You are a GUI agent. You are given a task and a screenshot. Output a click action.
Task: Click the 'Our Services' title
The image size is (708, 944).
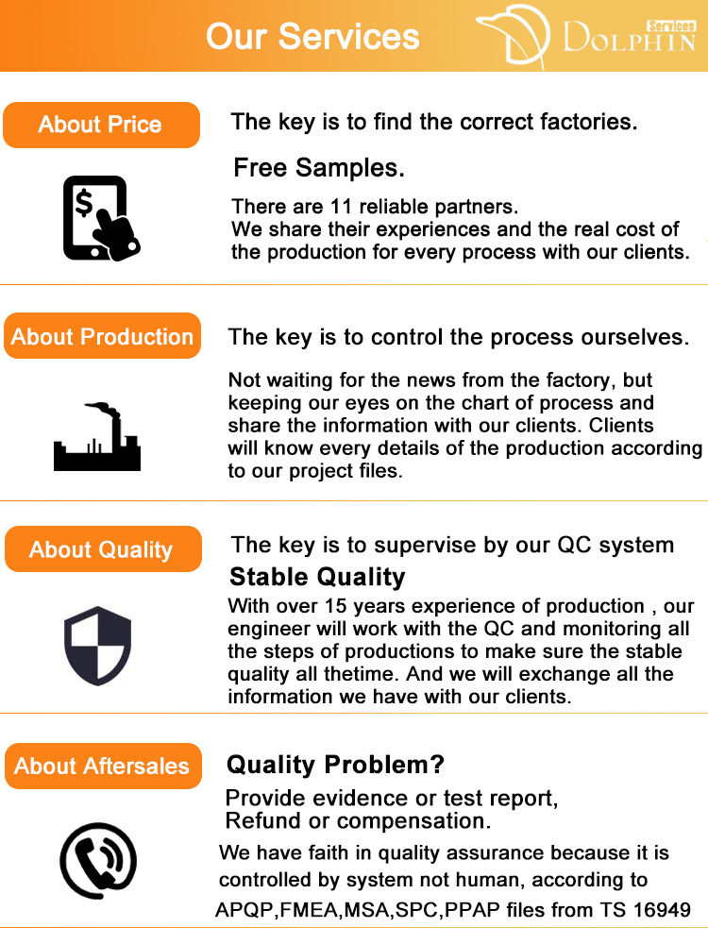click(312, 36)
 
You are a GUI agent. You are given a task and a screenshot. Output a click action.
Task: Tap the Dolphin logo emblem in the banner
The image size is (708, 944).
click(514, 34)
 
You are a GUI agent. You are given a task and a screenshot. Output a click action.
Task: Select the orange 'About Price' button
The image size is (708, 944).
click(101, 125)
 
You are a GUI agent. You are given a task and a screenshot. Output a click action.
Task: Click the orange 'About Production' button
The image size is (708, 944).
click(102, 336)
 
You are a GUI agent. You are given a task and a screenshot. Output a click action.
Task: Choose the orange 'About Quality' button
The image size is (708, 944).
click(103, 549)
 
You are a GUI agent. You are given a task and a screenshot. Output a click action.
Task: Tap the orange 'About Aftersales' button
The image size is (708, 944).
click(103, 766)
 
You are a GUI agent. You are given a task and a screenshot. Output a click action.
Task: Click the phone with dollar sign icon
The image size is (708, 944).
click(101, 218)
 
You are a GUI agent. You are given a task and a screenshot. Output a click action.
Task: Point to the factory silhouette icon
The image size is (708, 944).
click(97, 436)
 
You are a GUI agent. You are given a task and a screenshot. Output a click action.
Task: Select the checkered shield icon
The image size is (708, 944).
click(97, 646)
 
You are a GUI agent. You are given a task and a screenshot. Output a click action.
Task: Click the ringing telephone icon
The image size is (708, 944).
click(98, 861)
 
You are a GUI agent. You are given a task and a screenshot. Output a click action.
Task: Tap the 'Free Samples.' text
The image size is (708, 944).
click(318, 168)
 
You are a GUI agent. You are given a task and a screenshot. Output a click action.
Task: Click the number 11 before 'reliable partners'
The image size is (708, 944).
click(340, 207)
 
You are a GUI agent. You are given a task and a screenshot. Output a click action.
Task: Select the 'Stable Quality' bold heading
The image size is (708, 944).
click(317, 577)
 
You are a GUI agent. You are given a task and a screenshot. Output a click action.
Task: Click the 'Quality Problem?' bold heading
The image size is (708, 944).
click(335, 765)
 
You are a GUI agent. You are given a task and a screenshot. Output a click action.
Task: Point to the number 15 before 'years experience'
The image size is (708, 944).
click(336, 606)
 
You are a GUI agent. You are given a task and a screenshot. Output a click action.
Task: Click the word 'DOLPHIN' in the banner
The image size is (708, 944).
click(629, 38)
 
